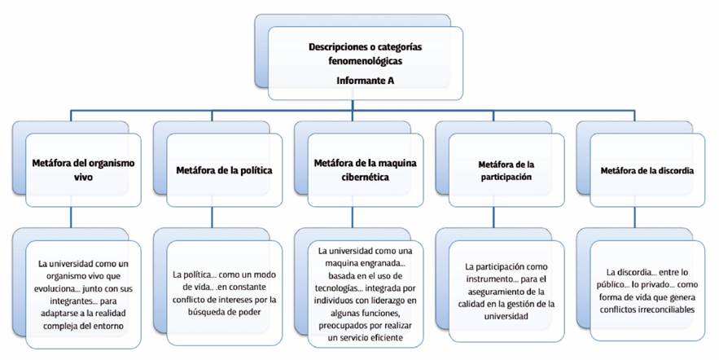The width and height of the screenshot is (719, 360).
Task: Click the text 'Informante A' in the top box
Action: [x=366, y=81]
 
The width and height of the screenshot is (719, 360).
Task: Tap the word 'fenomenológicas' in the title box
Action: [x=366, y=60]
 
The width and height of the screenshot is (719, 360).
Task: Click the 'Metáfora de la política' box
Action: [x=224, y=170]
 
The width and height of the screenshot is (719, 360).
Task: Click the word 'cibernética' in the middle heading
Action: [x=366, y=177]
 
